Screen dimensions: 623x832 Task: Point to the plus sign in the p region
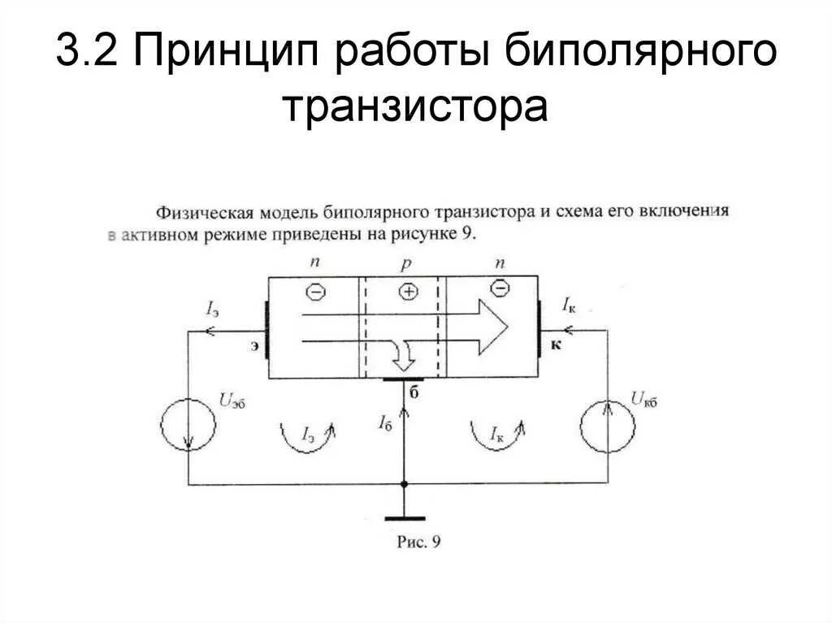click(408, 291)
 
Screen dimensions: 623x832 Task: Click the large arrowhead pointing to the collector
click(492, 327)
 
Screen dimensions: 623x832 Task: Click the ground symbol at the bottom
click(404, 517)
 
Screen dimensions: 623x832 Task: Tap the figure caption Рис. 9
click(417, 542)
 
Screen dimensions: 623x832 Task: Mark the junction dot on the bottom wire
click(404, 484)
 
